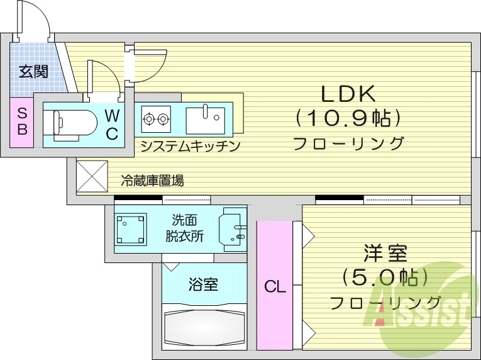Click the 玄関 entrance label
33,71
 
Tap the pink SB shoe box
22,121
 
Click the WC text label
111,123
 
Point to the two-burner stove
157,117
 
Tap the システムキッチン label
190,146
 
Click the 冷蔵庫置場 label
152,181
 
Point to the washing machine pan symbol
131,229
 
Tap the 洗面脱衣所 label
185,228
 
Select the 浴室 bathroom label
203,284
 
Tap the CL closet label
275,288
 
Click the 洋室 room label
385,254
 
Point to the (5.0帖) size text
385,277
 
